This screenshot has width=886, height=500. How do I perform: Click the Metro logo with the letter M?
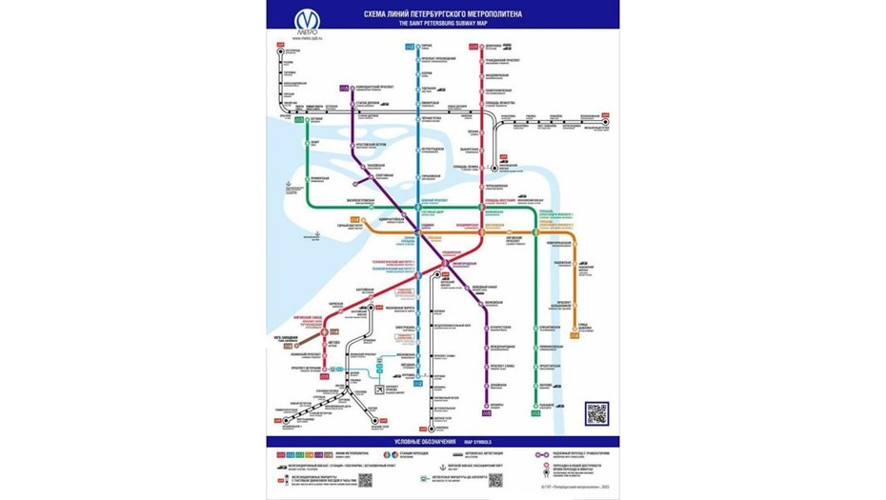click(x=306, y=20)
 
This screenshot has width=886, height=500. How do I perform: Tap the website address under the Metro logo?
click(x=306, y=38)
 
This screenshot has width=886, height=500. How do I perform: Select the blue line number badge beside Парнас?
click(x=409, y=46)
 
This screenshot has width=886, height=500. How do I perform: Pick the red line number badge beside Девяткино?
click(x=473, y=46)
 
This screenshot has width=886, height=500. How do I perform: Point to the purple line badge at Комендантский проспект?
click(x=344, y=89)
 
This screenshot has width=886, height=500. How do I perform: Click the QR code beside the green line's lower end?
click(x=595, y=411)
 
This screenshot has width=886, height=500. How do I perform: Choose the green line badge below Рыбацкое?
click(x=535, y=413)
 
